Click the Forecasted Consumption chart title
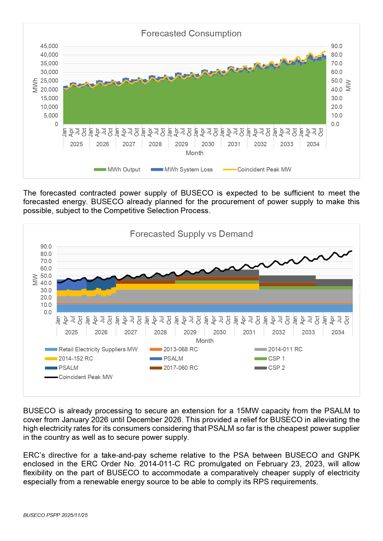191,33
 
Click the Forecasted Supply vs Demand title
191,234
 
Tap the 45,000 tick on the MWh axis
49,46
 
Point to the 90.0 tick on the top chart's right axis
336,46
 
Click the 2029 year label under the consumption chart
181,144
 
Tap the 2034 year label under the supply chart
338,332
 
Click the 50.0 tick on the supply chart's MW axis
46,276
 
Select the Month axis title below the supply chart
205,341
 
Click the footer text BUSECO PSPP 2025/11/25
56,515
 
